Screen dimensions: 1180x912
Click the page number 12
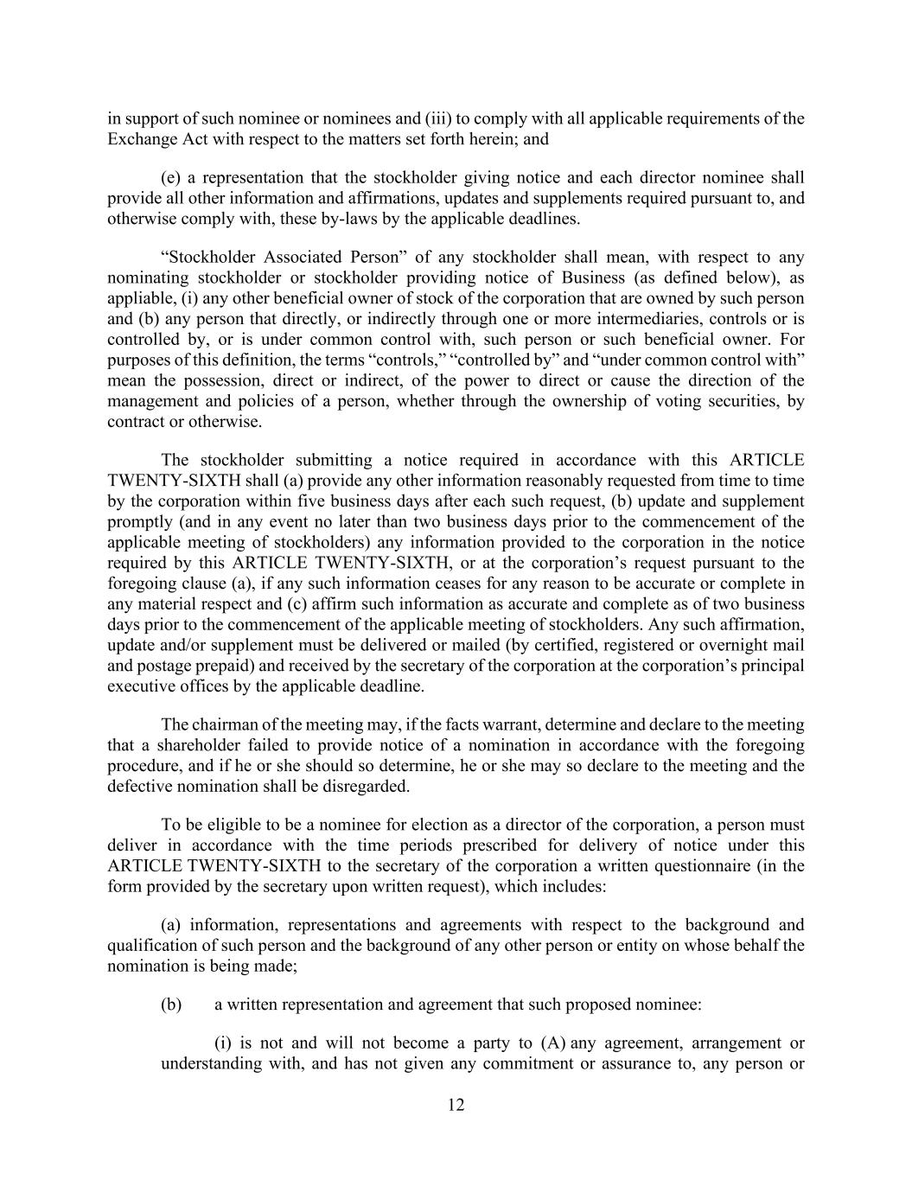coord(456,1105)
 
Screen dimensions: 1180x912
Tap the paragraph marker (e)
coord(170,178)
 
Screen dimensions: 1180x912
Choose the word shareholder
coord(182,745)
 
